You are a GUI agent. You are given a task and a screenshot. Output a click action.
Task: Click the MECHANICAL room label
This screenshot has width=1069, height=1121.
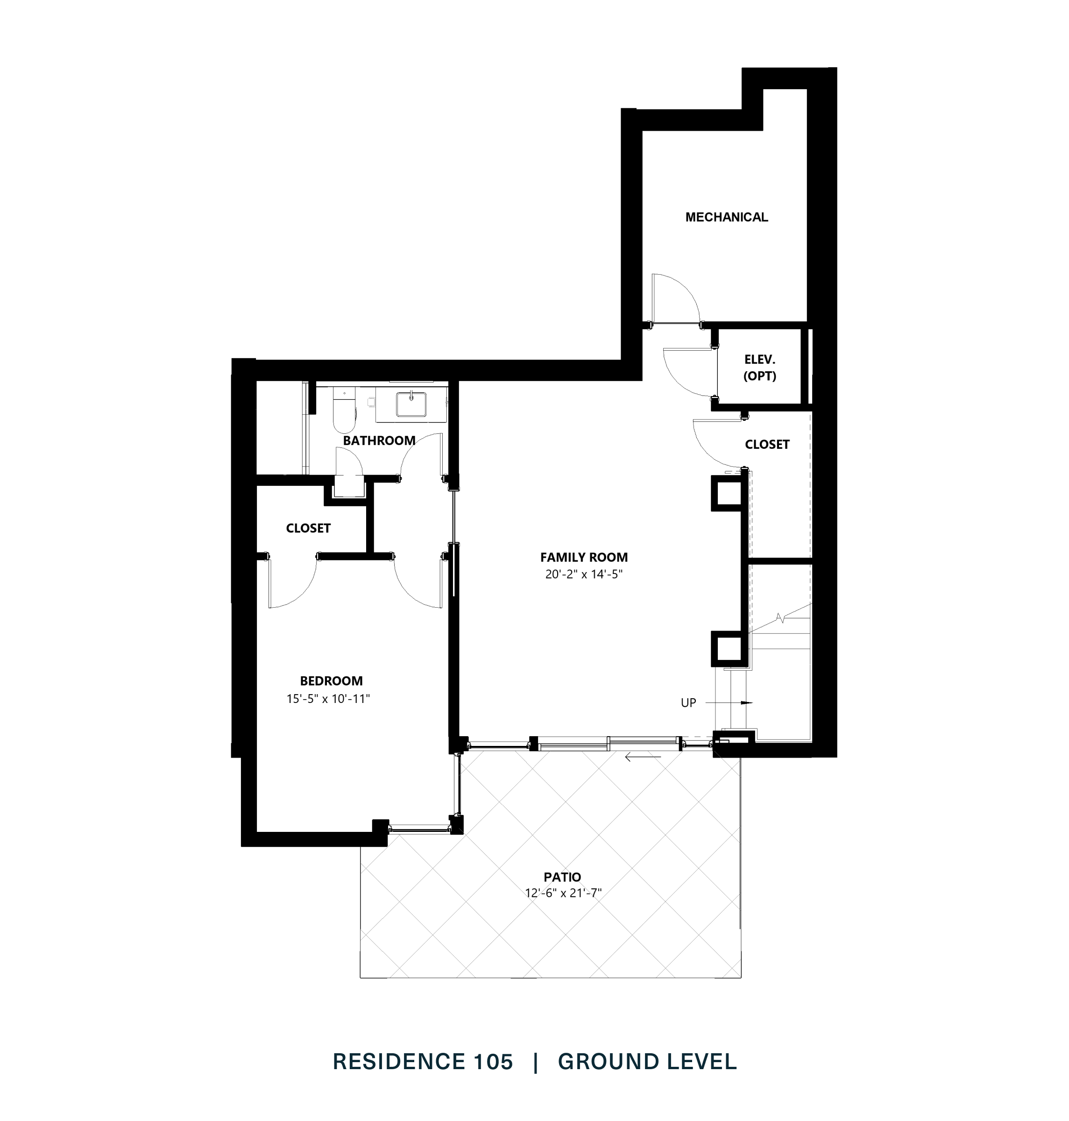(727, 217)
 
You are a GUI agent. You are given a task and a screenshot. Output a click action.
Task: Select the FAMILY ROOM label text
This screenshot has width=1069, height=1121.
(583, 557)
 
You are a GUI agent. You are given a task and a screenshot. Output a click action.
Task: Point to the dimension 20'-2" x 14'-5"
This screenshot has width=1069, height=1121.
(583, 575)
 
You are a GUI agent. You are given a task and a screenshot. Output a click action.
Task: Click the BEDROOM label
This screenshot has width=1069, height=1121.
(331, 681)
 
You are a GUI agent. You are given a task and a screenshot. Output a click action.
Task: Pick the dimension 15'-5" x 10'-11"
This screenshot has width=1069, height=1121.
(328, 699)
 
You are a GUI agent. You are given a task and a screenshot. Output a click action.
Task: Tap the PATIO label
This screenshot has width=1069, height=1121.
(562, 877)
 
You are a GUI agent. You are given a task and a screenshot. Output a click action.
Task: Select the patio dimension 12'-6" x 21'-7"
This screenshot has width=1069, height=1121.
(563, 893)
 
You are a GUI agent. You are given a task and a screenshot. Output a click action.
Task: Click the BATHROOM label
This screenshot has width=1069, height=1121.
(379, 440)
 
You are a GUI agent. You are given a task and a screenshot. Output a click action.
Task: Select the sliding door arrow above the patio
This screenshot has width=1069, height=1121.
(642, 758)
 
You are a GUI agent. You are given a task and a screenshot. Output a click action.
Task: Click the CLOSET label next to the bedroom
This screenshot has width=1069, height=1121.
(308, 528)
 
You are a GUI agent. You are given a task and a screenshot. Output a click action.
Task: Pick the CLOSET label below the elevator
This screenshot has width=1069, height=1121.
(767, 445)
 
